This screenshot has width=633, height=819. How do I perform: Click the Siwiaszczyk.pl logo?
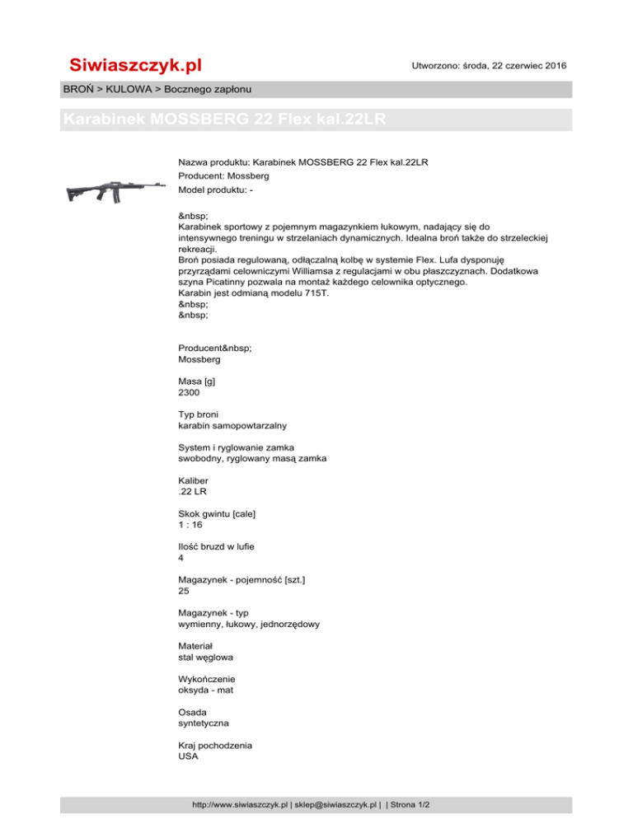tap(135, 65)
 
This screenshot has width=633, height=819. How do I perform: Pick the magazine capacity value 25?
tap(185, 591)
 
